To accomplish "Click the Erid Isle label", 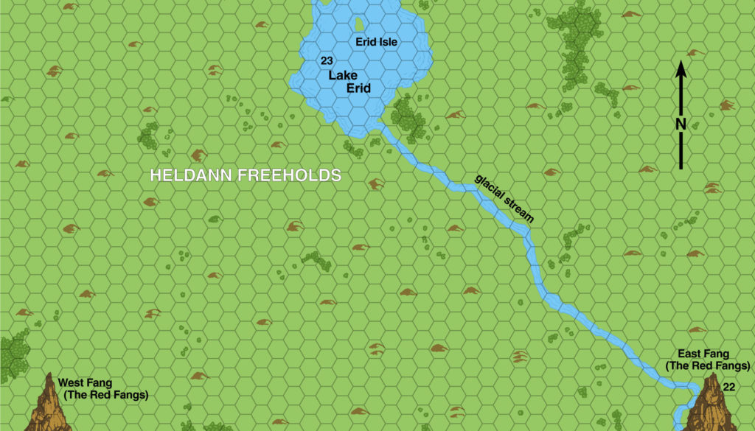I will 376,42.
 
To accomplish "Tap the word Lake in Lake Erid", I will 343,75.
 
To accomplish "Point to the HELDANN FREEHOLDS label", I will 245,176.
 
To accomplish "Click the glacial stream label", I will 504,198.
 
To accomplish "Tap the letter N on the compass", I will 681,124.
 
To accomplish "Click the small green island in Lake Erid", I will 359,25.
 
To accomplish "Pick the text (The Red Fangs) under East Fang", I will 708,366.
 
